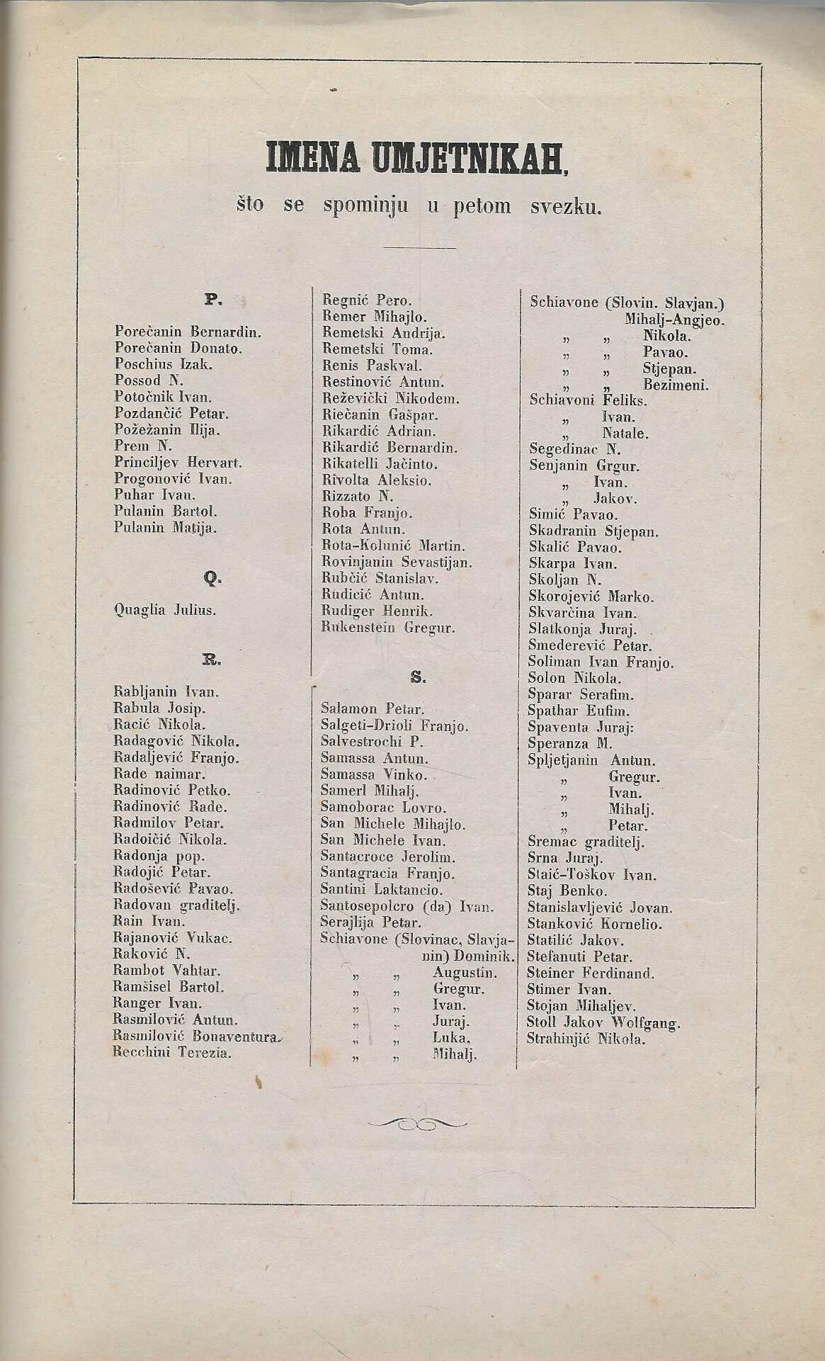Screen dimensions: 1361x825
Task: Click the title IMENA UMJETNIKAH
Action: [x=417, y=158]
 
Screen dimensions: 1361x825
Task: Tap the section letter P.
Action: [x=213, y=300]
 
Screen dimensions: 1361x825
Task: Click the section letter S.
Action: [x=418, y=677]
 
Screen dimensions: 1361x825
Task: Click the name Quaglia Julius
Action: [x=165, y=610]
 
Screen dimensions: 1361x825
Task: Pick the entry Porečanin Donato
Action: [x=178, y=348]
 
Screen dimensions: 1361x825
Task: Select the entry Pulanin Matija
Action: [x=166, y=528]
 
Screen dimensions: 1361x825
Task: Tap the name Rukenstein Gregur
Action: [x=388, y=628]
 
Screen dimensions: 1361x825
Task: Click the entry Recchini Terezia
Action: [x=172, y=1053]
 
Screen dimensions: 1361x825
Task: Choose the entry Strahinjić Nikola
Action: [x=586, y=1039]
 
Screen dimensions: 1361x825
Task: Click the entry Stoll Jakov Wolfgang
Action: [x=603, y=1023]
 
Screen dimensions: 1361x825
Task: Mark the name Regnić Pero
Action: [x=367, y=300]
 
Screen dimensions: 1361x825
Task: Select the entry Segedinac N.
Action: [x=574, y=449]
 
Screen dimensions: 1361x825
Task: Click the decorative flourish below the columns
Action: [x=418, y=1124]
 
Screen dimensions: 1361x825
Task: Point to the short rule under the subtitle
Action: [x=419, y=248]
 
